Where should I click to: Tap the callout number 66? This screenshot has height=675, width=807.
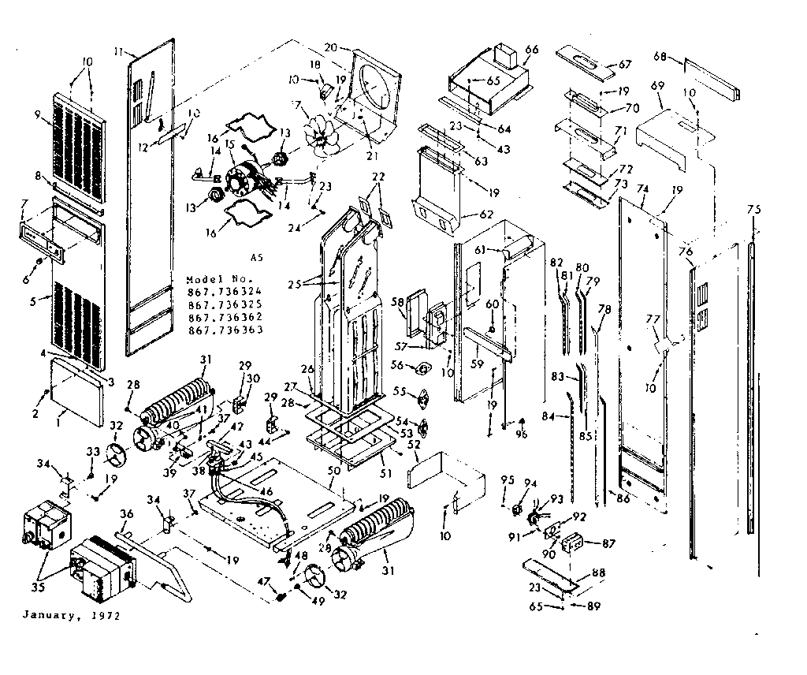[531, 50]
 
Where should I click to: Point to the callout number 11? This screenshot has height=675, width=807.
[118, 51]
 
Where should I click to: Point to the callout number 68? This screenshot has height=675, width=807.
[660, 56]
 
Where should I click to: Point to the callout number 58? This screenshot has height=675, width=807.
[397, 301]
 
